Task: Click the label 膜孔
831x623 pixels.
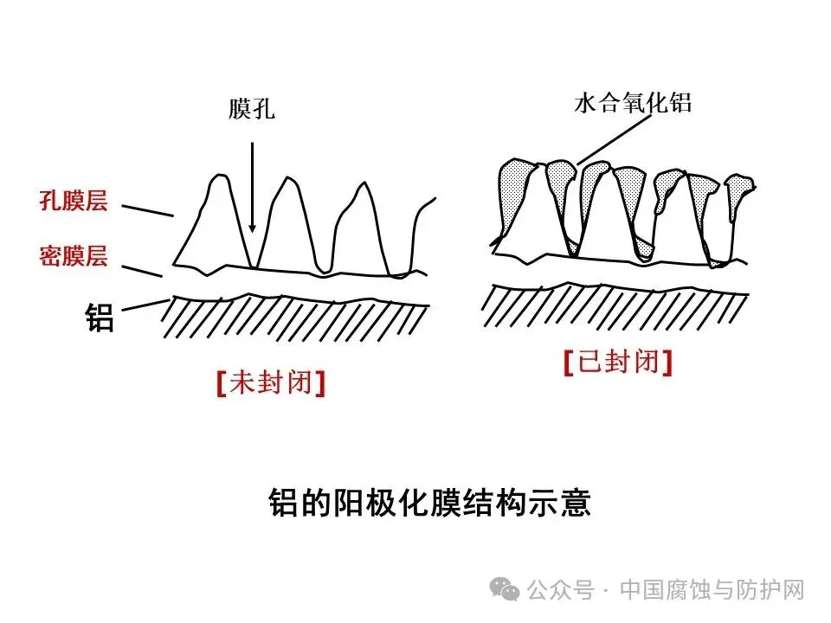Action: pos(252,110)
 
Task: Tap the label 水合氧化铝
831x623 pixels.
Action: pos(633,104)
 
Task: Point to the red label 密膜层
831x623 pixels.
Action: pos(73,255)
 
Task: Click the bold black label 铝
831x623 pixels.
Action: pos(99,318)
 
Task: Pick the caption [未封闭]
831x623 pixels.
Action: pos(271,383)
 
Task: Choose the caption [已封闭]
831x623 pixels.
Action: pos(617,363)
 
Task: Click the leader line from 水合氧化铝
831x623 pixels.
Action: pos(615,138)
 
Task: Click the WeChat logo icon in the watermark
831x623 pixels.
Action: pos(505,590)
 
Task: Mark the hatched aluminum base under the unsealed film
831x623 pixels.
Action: pos(294,317)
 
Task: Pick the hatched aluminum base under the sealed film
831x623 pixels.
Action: pos(615,303)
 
